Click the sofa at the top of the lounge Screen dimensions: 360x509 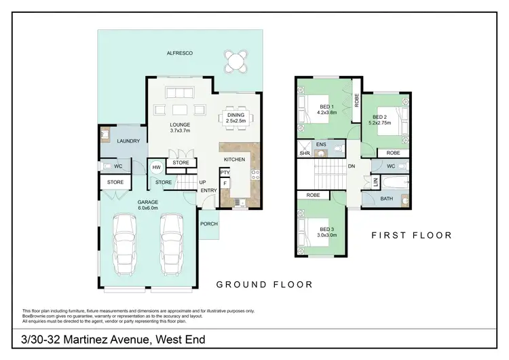(181, 93)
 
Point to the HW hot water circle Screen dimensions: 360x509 (157, 167)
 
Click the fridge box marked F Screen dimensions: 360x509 (224, 183)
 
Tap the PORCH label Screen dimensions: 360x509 (208, 224)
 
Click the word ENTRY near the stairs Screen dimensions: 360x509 (208, 190)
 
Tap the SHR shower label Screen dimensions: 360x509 (305, 154)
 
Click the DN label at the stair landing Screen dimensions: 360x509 (352, 166)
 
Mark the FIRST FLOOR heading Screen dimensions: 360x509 (411, 236)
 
